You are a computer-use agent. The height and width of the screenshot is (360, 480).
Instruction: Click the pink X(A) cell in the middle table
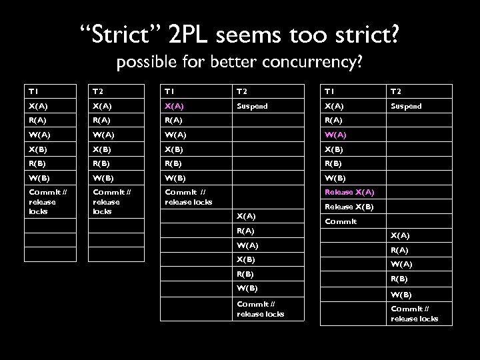[x=175, y=106]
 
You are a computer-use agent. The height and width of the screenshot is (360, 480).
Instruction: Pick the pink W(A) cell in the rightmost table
[x=336, y=135]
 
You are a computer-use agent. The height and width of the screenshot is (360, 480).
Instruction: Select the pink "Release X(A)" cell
[x=349, y=192]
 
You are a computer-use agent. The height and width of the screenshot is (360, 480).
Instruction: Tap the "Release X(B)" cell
[x=349, y=207]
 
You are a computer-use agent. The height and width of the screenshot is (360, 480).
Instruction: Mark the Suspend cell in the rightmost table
[x=407, y=106]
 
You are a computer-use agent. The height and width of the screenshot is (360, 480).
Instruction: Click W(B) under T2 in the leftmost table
[x=103, y=178]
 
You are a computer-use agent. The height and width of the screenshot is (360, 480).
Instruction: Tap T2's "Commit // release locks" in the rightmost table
[x=414, y=313]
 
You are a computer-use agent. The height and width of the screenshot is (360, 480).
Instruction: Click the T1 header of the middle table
[x=170, y=92]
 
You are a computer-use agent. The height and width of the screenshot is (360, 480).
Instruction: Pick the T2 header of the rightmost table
[x=397, y=92]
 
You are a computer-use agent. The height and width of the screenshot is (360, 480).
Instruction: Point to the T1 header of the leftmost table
[x=33, y=92]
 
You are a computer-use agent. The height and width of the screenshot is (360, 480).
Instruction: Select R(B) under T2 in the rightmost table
[x=400, y=279]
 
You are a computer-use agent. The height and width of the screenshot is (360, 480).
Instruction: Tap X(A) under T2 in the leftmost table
[x=103, y=106]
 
